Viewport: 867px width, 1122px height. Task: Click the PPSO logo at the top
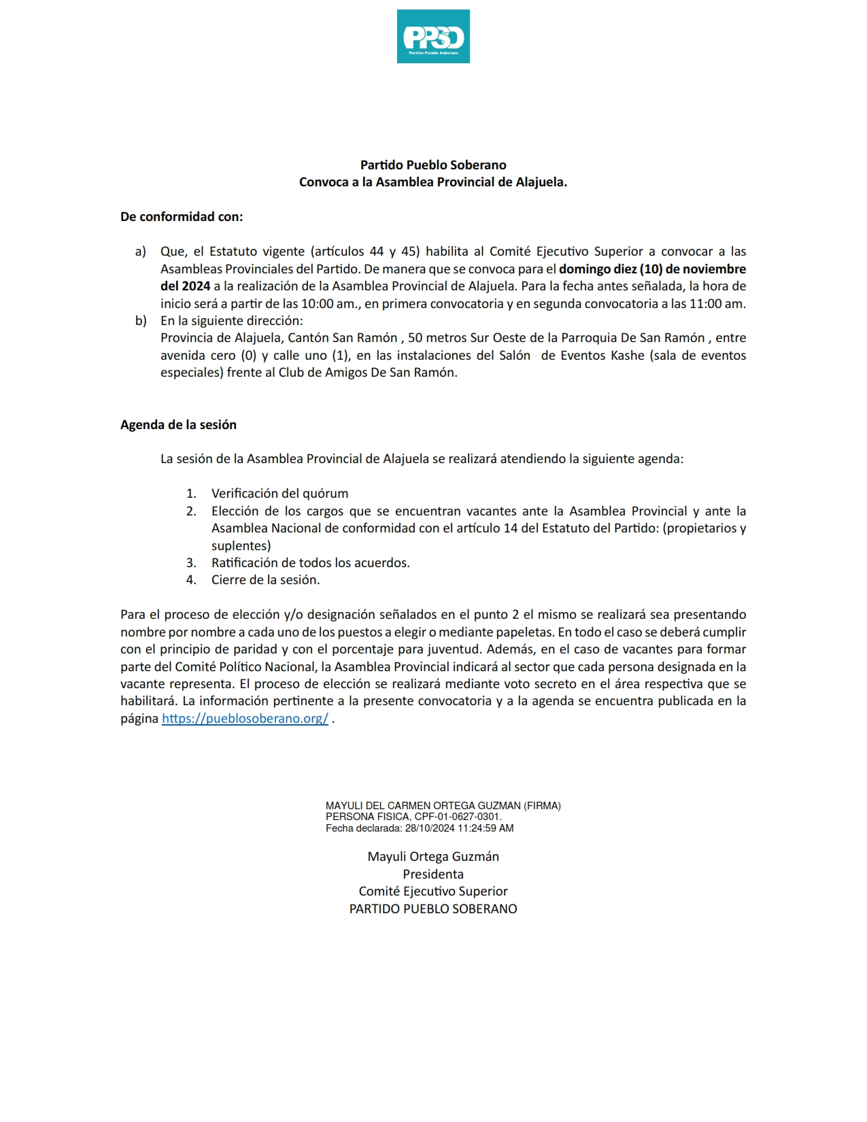pos(433,37)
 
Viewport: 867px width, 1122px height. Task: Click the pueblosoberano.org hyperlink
pos(245,719)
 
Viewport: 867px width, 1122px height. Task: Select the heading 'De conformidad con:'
pos(182,217)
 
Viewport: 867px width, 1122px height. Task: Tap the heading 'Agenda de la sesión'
pos(178,425)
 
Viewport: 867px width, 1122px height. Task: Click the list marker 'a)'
pos(141,252)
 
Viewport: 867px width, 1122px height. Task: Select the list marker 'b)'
pos(141,321)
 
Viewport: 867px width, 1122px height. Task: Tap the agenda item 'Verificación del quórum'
pos(279,494)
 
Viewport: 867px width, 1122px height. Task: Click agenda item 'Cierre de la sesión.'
pos(265,580)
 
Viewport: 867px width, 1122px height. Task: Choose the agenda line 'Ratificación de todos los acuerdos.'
pos(310,563)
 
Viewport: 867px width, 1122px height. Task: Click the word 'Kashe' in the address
pos(627,356)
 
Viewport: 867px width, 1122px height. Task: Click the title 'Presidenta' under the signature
pos(433,874)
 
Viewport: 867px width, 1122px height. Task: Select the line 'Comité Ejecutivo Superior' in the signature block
pos(433,891)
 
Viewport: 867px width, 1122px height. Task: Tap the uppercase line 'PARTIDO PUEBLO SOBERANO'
pos(433,909)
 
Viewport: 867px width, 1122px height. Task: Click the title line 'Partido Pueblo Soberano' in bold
pos(433,165)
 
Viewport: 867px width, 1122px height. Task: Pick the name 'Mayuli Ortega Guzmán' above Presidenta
pos(433,857)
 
